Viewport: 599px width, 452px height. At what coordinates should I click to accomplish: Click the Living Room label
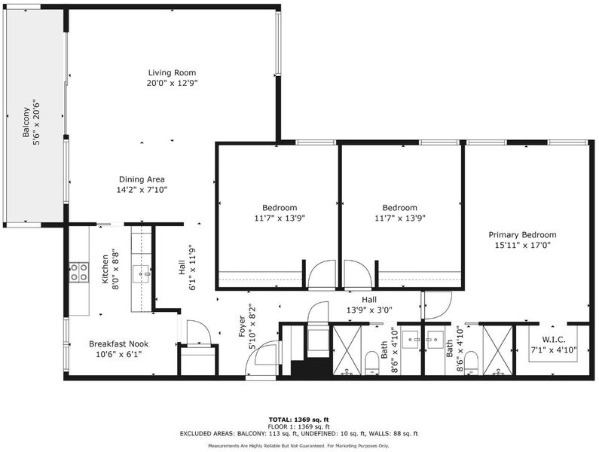pyautogui.click(x=172, y=72)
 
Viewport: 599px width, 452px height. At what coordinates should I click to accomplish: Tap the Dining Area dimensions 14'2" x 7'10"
pyautogui.click(x=142, y=190)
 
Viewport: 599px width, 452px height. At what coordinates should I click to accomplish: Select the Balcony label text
pyautogui.click(x=26, y=122)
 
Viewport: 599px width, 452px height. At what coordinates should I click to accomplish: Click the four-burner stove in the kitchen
pyautogui.click(x=79, y=273)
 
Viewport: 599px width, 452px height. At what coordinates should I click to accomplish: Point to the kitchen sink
pyautogui.click(x=141, y=274)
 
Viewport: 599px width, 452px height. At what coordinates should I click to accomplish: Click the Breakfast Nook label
pyautogui.click(x=119, y=344)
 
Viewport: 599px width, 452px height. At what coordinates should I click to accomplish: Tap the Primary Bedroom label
pyautogui.click(x=522, y=234)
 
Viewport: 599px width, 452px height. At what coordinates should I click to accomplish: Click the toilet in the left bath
pyautogui.click(x=371, y=362)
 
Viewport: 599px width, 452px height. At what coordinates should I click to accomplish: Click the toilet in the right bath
pyautogui.click(x=471, y=362)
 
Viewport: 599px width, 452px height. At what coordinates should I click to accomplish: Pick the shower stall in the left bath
pyautogui.click(x=347, y=350)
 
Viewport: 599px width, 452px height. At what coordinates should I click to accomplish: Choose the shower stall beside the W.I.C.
pyautogui.click(x=498, y=350)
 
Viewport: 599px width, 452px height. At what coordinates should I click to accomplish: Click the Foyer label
pyautogui.click(x=242, y=326)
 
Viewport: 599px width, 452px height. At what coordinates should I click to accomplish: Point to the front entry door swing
pyautogui.click(x=263, y=359)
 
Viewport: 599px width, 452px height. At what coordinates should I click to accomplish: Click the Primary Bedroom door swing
pyautogui.click(x=437, y=306)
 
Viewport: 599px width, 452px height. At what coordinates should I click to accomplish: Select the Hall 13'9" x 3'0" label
pyautogui.click(x=369, y=305)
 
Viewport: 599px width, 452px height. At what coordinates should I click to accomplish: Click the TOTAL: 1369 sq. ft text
pyautogui.click(x=298, y=420)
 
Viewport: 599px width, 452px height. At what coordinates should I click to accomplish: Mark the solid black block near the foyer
pyautogui.click(x=311, y=367)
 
